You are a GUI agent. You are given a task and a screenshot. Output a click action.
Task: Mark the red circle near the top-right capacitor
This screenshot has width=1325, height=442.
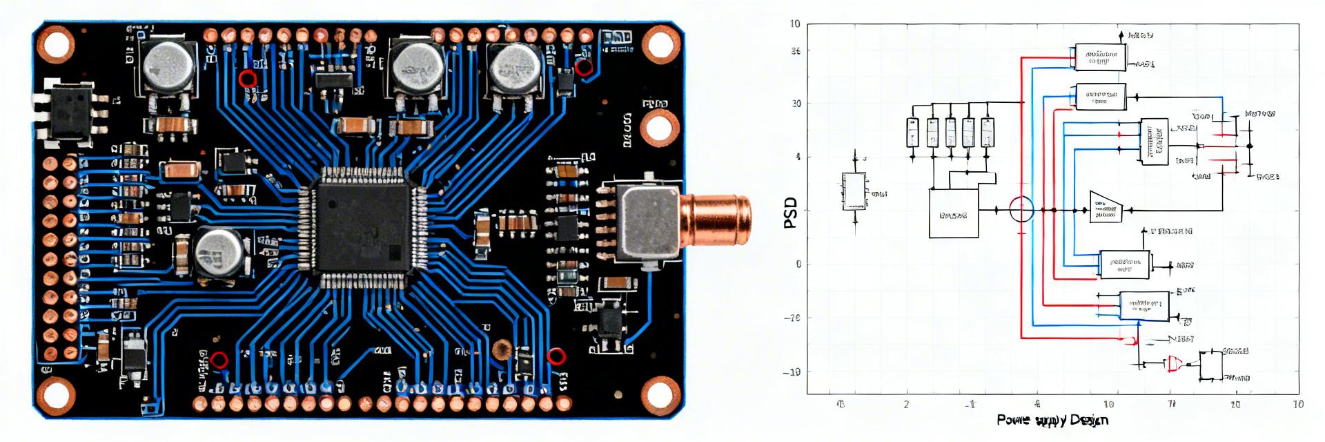coord(584,68)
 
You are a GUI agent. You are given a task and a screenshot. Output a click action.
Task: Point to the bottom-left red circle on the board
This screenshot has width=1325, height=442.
coord(219,360)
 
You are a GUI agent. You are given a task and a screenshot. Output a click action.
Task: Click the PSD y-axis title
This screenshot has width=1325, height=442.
coord(791,212)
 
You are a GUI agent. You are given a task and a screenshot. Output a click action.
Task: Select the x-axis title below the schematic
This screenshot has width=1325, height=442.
coord(1052,420)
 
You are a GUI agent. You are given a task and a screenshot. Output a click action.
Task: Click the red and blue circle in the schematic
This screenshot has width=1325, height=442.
coord(1021,209)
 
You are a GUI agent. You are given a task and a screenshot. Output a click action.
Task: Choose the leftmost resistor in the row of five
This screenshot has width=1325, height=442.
coord(912,132)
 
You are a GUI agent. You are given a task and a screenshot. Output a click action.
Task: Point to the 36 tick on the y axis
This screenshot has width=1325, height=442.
coord(795,50)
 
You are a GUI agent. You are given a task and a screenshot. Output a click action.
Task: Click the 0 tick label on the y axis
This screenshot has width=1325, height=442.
coord(798,265)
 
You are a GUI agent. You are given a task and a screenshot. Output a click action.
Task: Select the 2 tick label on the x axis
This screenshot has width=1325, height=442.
coord(906,404)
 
